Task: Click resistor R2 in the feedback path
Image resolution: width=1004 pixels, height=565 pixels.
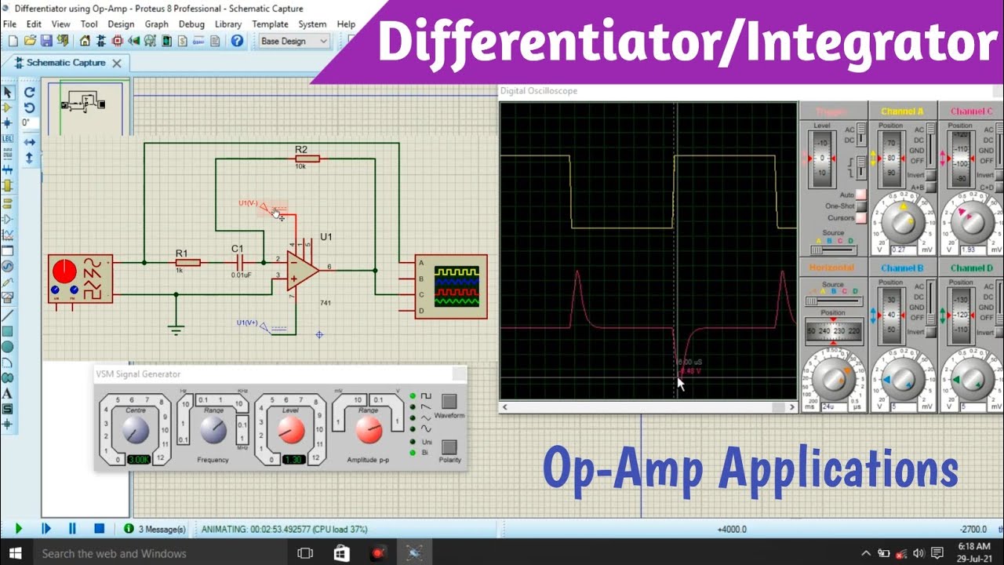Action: click(x=307, y=159)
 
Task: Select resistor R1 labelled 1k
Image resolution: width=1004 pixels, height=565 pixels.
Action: click(x=187, y=262)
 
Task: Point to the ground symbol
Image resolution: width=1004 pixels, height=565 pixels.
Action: click(x=176, y=329)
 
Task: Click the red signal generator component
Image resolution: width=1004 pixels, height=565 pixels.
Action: click(x=80, y=278)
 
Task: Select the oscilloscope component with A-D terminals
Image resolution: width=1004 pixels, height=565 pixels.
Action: click(x=450, y=286)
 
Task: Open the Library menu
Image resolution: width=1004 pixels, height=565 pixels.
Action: click(x=227, y=24)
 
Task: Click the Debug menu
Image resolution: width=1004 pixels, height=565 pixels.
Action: click(x=191, y=24)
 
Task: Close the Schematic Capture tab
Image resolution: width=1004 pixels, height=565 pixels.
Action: click(x=117, y=64)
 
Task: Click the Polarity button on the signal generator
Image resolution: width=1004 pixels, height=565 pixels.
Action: click(x=449, y=447)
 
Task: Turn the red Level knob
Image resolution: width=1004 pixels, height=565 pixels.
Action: click(x=291, y=429)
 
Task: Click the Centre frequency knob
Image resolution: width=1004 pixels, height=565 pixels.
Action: click(x=136, y=429)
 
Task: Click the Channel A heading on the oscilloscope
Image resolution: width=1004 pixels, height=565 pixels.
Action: click(x=902, y=111)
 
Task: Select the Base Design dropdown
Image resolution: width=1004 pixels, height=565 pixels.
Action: click(x=293, y=41)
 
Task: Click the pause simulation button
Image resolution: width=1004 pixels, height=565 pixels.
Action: click(x=72, y=529)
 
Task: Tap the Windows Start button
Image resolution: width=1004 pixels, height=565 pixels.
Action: click(x=15, y=553)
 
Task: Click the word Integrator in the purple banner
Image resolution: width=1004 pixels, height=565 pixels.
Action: click(x=871, y=43)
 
